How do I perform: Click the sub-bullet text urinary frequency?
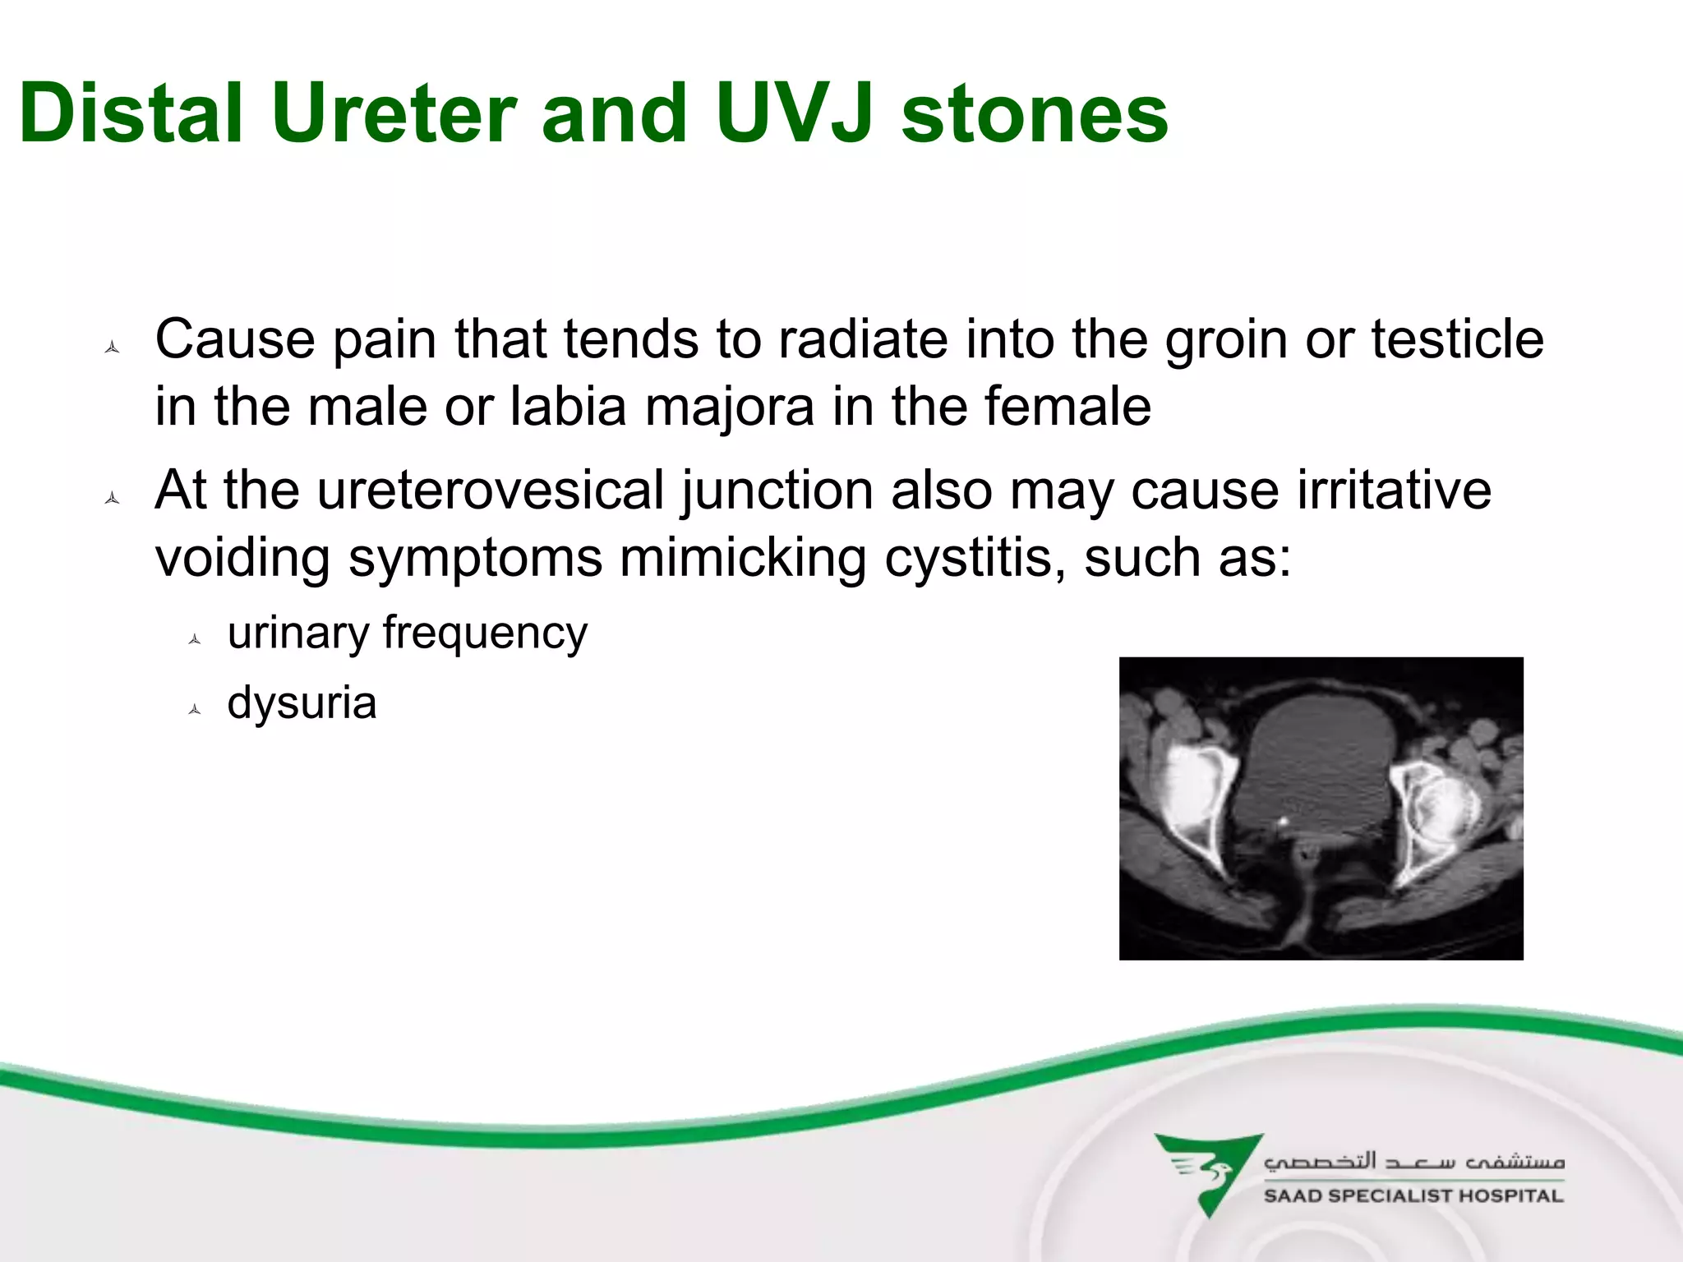coord(408,633)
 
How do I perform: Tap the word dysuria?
coord(302,703)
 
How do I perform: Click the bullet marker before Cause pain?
coord(113,348)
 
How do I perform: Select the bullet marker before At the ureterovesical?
coord(113,498)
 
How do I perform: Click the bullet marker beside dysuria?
coord(195,710)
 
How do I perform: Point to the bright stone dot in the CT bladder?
coord(1284,820)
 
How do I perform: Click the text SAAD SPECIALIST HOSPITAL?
coord(1413,1196)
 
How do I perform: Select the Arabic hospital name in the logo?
coord(1413,1161)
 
